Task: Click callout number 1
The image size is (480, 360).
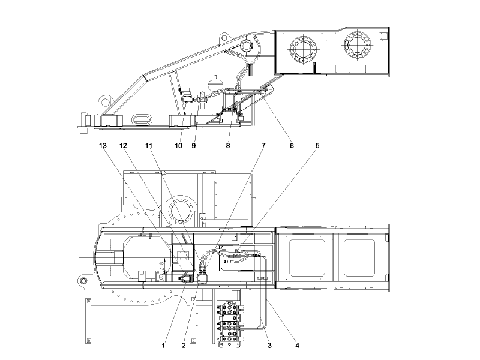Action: pyautogui.click(x=162, y=345)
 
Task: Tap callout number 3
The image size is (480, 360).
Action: pyautogui.click(x=269, y=345)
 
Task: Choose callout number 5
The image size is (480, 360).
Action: pyautogui.click(x=317, y=146)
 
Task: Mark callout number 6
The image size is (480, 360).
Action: pyautogui.click(x=292, y=146)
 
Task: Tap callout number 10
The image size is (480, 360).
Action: pyautogui.click(x=178, y=146)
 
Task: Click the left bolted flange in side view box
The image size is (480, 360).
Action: pyautogui.click(x=302, y=48)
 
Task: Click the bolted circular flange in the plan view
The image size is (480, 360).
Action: pyautogui.click(x=182, y=212)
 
